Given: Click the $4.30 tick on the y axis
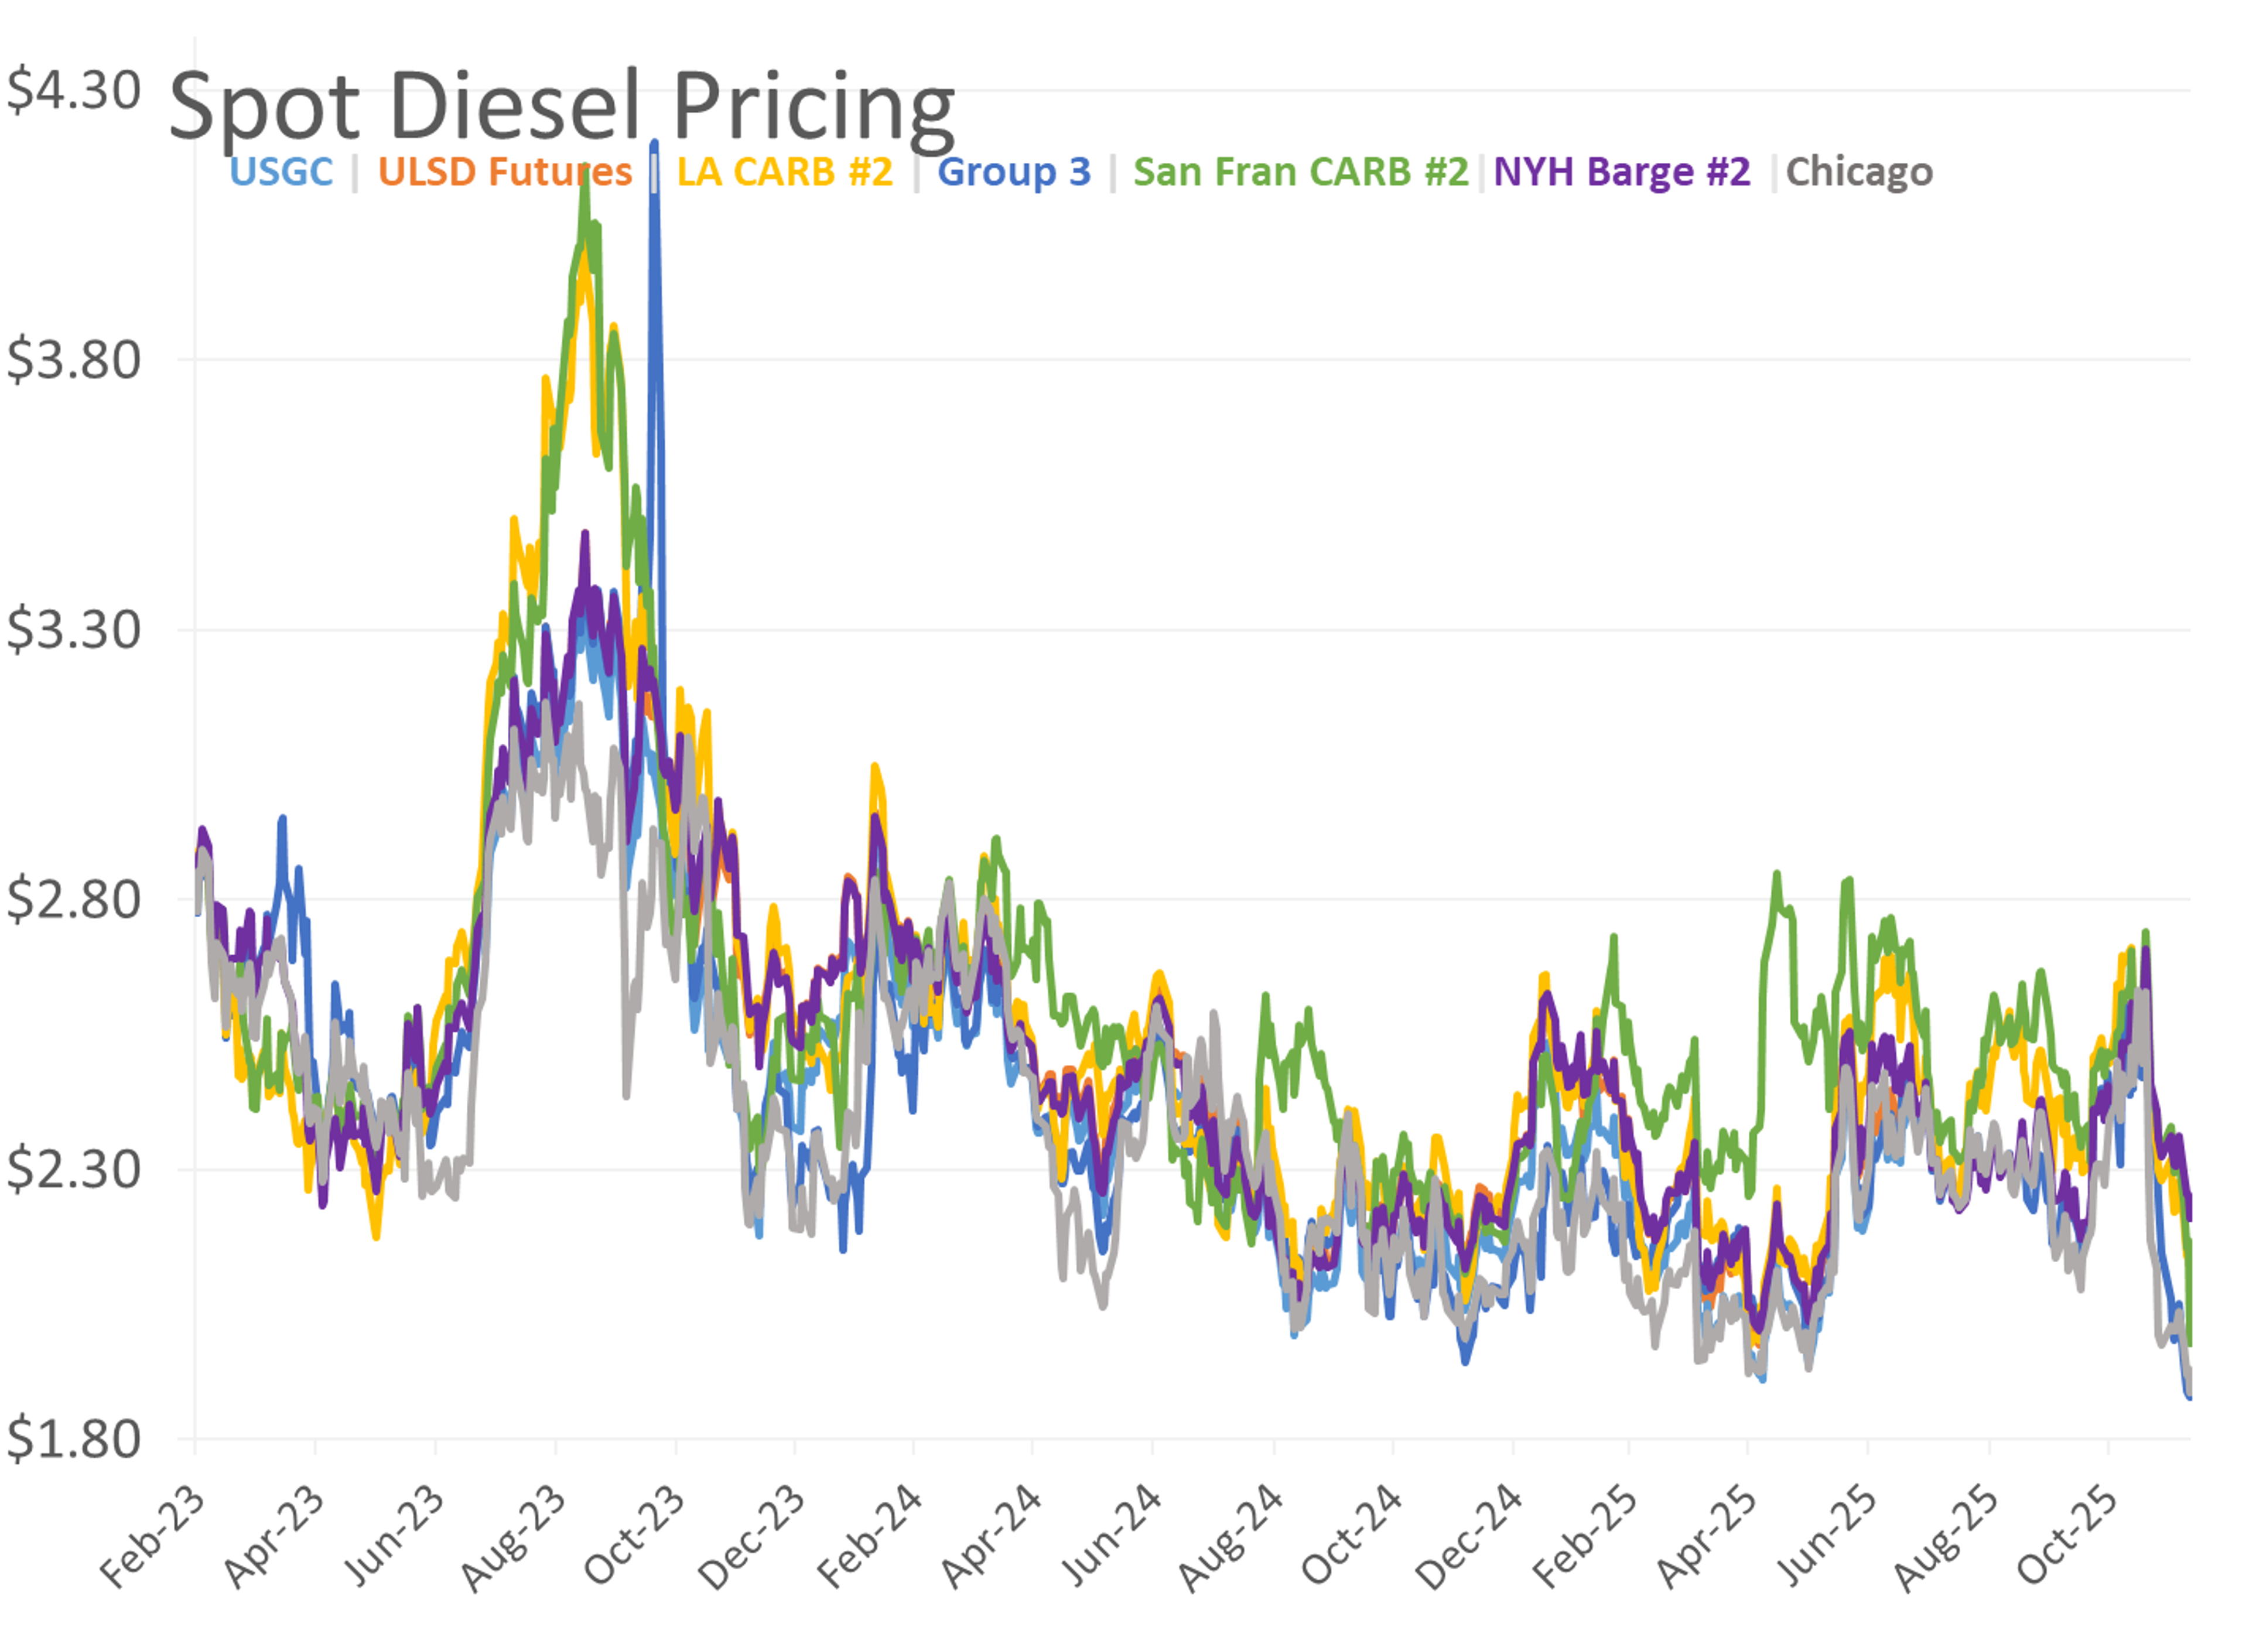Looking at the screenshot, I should (73, 90).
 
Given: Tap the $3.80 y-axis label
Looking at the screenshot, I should (73, 359).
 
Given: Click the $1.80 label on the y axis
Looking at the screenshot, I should (73, 1438).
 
